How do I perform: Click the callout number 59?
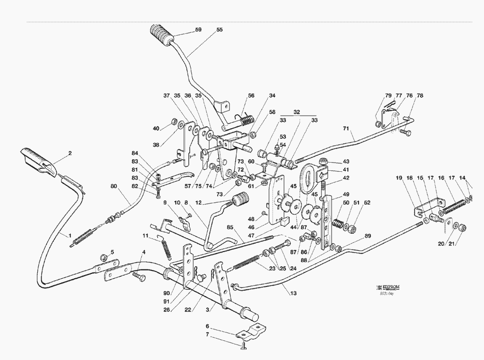click(x=198, y=30)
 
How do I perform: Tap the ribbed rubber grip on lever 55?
click(x=161, y=35)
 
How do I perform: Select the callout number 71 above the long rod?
click(x=346, y=129)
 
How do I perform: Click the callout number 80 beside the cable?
click(x=113, y=186)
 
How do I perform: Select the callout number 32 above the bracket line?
click(x=297, y=112)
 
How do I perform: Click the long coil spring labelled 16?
click(x=455, y=206)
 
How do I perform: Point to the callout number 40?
click(x=156, y=128)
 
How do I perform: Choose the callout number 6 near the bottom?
click(x=207, y=327)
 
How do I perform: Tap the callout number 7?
click(x=207, y=335)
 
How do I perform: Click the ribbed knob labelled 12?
click(x=241, y=199)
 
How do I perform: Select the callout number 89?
click(x=367, y=236)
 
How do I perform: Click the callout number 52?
click(x=367, y=203)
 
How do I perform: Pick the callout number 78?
click(x=420, y=96)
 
